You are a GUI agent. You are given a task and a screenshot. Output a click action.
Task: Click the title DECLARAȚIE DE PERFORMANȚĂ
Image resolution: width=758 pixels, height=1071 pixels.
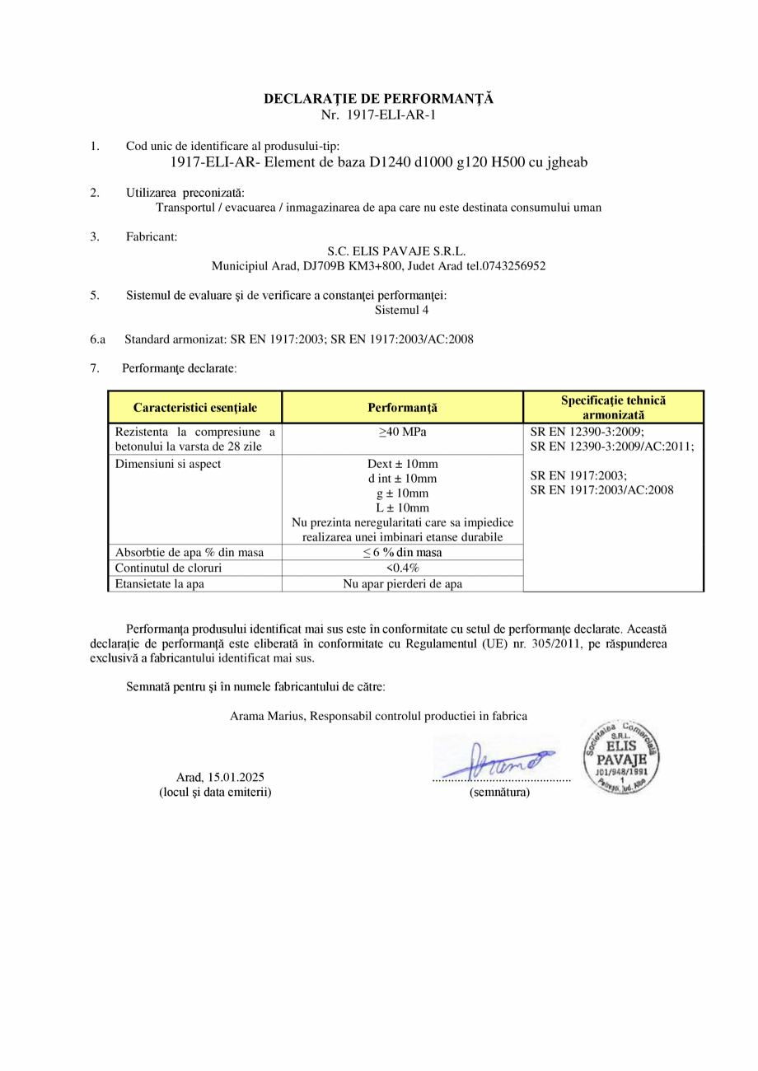[x=378, y=99]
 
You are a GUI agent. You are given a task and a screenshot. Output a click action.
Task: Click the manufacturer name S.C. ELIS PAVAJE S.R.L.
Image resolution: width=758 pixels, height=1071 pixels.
[x=396, y=251]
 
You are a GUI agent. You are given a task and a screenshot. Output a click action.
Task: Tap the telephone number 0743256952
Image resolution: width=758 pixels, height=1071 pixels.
[x=512, y=266]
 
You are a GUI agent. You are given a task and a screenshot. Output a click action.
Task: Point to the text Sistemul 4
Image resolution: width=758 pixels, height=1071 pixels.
[x=401, y=311]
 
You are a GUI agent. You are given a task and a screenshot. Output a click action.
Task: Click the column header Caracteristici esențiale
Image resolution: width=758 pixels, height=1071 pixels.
[x=195, y=408]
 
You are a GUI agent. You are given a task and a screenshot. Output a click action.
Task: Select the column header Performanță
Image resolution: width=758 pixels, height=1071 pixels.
[x=402, y=408]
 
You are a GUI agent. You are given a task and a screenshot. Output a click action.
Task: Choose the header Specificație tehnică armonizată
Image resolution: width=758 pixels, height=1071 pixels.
[x=613, y=408]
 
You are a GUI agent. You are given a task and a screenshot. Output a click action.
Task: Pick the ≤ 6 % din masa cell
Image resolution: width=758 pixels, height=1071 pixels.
[x=402, y=552]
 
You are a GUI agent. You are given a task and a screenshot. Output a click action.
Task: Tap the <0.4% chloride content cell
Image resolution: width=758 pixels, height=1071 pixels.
[x=402, y=568]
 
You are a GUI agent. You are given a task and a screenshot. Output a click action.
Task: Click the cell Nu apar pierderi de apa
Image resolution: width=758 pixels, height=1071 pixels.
[x=402, y=583]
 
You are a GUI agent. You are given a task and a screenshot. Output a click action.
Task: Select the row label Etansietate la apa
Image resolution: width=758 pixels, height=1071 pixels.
[x=160, y=583]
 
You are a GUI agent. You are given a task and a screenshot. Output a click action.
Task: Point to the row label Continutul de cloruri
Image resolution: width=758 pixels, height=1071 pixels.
[x=169, y=568]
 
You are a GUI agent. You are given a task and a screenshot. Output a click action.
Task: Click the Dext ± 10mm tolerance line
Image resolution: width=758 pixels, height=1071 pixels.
[x=402, y=464]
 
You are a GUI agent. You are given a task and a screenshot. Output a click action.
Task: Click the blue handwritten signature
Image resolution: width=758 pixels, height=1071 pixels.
[x=498, y=760]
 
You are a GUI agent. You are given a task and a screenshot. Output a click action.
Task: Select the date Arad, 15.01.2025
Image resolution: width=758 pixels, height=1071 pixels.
[x=220, y=777]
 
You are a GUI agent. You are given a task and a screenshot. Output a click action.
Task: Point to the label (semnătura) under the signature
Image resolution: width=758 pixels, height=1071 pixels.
[x=499, y=792]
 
